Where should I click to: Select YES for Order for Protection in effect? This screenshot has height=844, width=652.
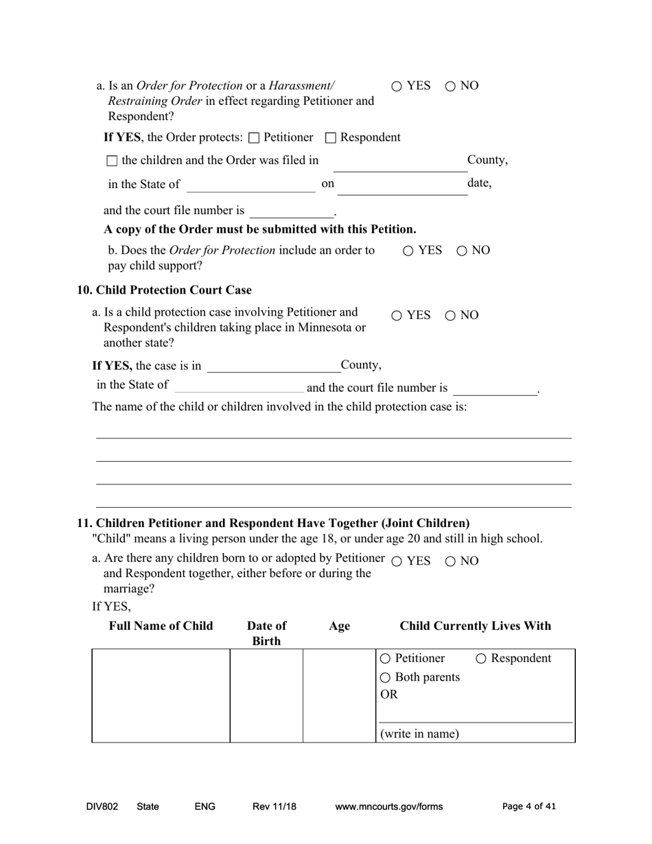(397, 86)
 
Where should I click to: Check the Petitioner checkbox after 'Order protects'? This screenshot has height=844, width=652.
(254, 138)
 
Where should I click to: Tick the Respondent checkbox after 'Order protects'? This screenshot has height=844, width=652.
(330, 138)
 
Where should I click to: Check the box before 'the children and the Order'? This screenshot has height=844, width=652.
(113, 161)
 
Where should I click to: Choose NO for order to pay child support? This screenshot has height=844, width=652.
(462, 251)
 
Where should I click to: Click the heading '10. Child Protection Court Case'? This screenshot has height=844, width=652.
(164, 290)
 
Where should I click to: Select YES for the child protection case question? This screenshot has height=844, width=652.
(397, 316)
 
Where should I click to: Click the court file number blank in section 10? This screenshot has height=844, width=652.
(494, 389)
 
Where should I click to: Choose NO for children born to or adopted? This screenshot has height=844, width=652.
(450, 561)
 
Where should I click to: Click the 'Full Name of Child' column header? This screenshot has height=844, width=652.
(161, 626)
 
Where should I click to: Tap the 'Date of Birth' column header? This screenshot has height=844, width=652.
(266, 633)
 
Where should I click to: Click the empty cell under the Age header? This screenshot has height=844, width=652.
(339, 695)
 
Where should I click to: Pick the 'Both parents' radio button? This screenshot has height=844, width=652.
(385, 678)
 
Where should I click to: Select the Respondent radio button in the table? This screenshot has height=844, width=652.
(481, 659)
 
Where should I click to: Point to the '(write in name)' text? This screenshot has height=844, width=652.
(419, 734)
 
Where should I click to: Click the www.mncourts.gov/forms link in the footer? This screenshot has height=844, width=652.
(388, 807)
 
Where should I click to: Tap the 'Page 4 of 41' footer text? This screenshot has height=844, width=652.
(528, 807)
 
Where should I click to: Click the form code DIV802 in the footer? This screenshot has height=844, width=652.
(102, 807)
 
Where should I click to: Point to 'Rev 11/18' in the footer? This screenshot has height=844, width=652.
(274, 807)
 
